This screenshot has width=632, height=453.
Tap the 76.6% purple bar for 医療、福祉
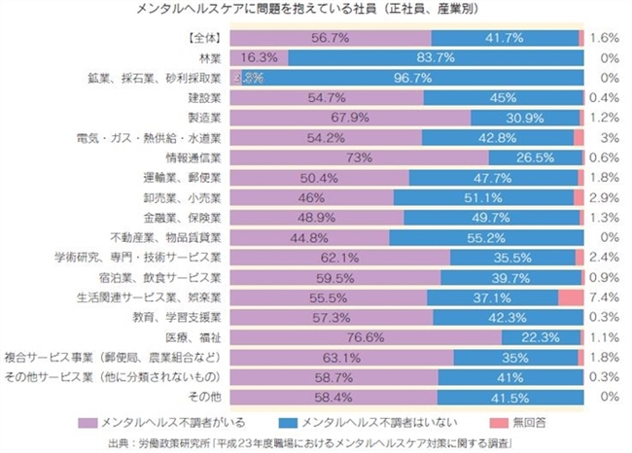(x=369, y=335)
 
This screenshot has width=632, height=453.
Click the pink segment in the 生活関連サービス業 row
(x=571, y=296)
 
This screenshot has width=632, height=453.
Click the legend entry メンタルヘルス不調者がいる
(x=176, y=421)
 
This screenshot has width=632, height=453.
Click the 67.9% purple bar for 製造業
(x=352, y=118)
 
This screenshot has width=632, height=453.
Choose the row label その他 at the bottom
(x=206, y=396)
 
